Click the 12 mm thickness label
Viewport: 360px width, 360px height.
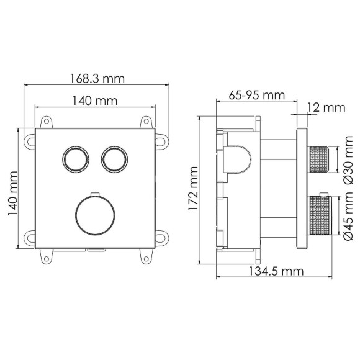click(325, 107)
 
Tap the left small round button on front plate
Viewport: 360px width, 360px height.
click(75, 160)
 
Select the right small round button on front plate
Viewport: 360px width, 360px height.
click(114, 160)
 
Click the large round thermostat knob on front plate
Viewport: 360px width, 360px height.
click(95, 214)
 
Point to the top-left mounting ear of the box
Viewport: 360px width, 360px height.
click(44, 123)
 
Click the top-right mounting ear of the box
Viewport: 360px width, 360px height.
click(146, 123)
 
